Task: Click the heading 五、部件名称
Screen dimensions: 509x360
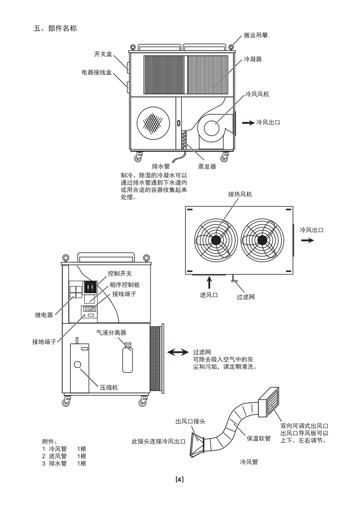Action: coord(55,29)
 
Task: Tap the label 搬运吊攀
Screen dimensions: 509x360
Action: coord(255,35)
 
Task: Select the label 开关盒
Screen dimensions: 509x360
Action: coord(103,54)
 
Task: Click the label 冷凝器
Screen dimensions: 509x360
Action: coord(253,59)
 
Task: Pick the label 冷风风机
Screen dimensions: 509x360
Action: coord(257,94)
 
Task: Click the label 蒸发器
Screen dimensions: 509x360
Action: coord(207,166)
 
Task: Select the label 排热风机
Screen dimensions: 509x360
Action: coord(240,194)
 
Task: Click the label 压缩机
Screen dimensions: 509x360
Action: coord(109,387)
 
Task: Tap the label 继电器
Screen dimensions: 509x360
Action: coord(44,314)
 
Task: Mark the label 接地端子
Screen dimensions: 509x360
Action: coord(44,342)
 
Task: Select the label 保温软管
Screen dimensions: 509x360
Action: coord(259,438)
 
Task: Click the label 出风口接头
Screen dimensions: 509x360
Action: coord(190,421)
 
